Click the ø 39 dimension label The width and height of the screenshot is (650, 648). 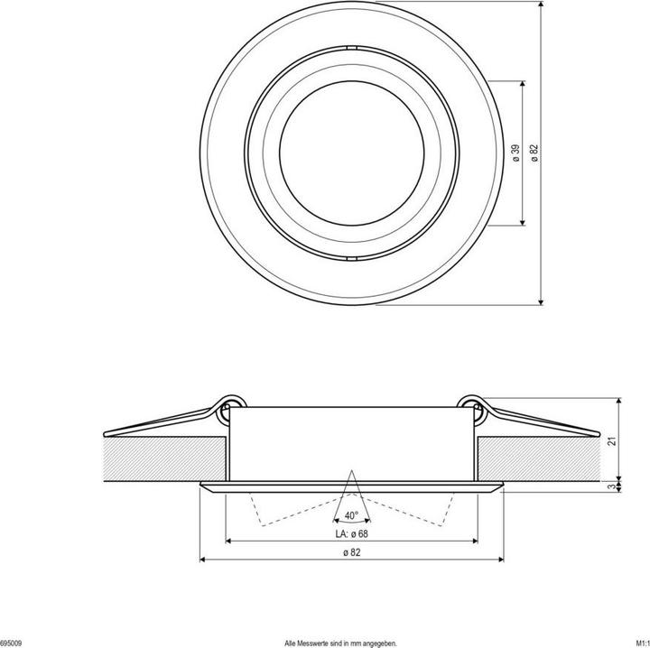515,153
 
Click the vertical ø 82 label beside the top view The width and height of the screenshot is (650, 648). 534,153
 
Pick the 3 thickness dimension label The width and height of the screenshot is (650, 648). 612,487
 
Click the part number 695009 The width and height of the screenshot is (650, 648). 12,643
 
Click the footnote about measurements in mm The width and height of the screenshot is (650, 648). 340,643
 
